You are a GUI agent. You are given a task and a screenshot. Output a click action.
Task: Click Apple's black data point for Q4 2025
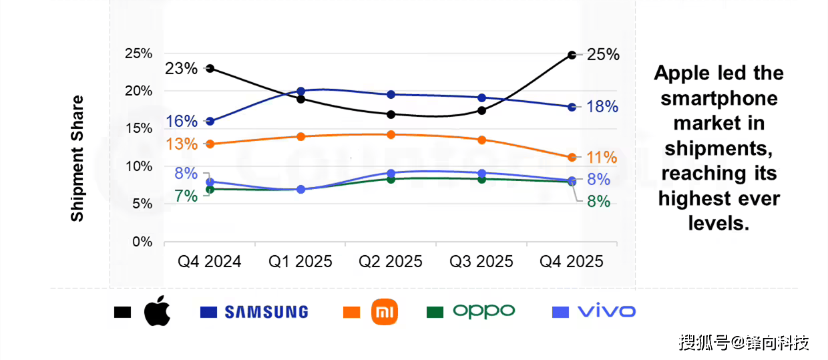point(572,55)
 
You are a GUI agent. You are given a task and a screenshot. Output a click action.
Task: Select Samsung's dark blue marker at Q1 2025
point(300,91)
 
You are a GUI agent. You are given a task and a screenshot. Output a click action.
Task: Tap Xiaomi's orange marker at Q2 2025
point(391,135)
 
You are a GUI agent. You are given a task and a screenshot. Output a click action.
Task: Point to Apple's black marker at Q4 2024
point(210,68)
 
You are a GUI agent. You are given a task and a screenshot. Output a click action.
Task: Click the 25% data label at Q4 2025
point(602,55)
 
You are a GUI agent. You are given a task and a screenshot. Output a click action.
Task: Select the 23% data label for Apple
point(181,69)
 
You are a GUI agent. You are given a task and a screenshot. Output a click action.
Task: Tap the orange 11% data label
point(602,158)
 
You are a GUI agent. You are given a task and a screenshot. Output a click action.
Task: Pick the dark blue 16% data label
point(182,122)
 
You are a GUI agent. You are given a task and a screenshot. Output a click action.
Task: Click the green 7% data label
point(186,196)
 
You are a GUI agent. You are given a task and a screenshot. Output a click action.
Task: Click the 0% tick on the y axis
point(142,242)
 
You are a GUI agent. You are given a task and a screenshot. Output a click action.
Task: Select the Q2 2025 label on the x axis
point(391,261)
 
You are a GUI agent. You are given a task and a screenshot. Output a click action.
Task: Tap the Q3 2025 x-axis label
point(481,261)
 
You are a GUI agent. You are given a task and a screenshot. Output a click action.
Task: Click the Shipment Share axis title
point(77,158)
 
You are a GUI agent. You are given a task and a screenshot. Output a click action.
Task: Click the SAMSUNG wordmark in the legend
point(266,312)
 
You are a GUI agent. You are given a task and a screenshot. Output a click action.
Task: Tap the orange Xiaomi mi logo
point(384,312)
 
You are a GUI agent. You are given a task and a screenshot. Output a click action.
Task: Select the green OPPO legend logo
point(483,311)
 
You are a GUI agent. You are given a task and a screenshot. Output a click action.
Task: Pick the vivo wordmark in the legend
point(606,311)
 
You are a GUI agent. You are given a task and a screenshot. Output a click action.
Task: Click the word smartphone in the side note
point(719,98)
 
